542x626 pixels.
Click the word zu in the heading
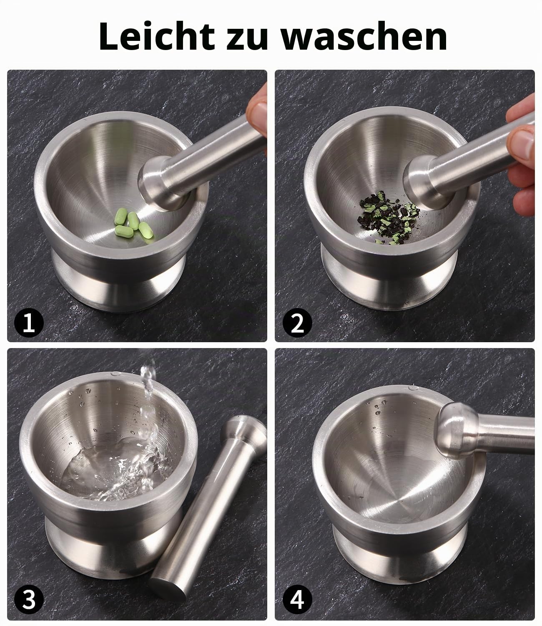247,39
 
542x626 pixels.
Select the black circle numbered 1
29,323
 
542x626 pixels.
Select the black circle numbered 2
297,323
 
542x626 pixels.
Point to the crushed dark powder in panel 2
389,217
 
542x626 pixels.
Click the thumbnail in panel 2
523,142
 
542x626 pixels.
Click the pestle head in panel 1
154,183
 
